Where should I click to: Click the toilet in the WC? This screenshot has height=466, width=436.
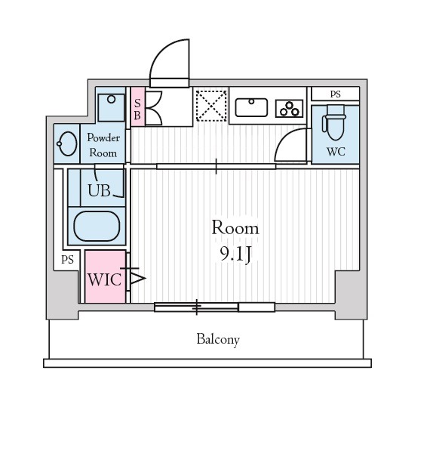click(334, 122)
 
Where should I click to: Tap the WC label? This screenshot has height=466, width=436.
click(336, 152)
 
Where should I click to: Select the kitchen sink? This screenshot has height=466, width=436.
click(251, 107)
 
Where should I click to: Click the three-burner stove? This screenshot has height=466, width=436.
click(290, 109)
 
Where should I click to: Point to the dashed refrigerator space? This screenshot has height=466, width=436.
click(211, 106)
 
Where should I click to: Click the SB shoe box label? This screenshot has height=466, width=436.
click(137, 109)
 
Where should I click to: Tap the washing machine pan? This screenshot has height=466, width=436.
click(111, 107)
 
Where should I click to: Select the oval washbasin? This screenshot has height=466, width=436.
click(67, 144)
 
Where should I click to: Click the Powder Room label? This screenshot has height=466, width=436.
click(103, 145)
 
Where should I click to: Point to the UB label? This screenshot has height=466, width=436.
click(99, 190)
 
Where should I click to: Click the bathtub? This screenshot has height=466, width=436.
click(97, 226)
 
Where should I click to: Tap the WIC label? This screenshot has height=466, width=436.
click(104, 279)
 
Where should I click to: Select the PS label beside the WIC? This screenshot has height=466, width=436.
click(67, 260)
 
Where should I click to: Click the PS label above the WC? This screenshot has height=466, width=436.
click(336, 94)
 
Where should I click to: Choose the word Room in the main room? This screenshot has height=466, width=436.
click(235, 228)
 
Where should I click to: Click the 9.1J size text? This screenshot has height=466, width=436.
click(236, 255)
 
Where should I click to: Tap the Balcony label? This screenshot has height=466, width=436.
click(218, 339)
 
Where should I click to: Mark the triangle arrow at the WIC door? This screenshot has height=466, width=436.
click(138, 279)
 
